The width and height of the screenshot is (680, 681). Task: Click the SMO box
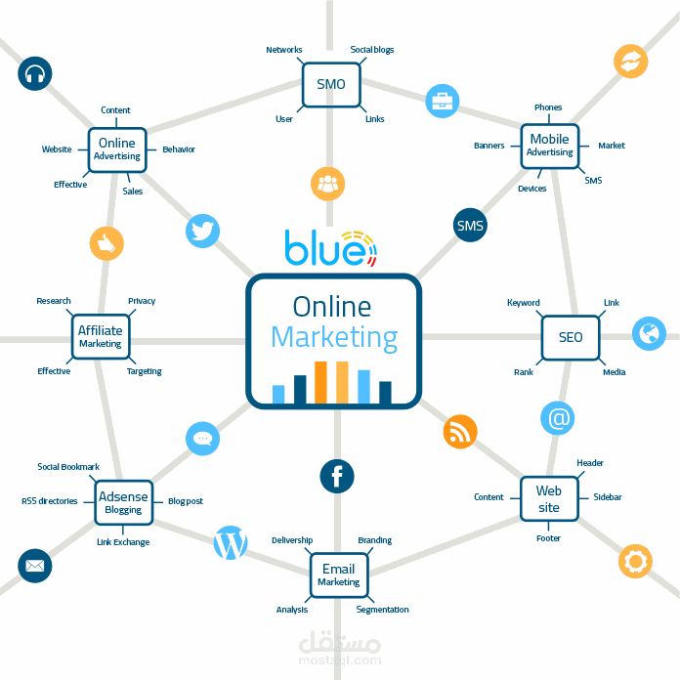331,84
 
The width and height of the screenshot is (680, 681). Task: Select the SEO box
571,337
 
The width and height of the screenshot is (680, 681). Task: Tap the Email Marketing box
338,575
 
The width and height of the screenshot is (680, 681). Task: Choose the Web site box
549,499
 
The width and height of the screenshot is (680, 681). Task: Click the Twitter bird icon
202,232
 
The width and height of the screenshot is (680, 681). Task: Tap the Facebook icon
337,477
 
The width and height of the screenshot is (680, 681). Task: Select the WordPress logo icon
231,543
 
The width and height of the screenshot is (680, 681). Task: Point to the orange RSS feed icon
460,431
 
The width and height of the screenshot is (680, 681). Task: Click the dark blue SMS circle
470,226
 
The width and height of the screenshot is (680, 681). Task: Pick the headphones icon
35,73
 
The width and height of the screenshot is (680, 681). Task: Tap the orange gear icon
635,561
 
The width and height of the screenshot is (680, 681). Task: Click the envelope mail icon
35,566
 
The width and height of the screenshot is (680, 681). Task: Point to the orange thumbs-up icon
106,242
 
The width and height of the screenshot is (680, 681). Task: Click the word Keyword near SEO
523,303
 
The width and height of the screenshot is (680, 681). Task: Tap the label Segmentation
382,610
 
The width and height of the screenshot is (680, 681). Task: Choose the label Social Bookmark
68,467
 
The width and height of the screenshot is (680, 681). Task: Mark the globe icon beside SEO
649,333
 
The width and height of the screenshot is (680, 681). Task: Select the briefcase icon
442,100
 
